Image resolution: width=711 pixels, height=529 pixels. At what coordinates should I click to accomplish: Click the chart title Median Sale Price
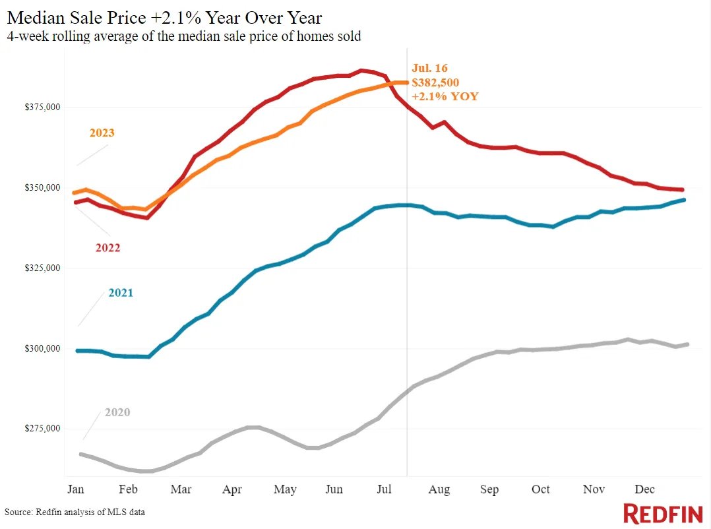[x=165, y=16]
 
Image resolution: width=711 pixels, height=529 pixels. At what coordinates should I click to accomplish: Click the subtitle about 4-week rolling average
[x=184, y=36]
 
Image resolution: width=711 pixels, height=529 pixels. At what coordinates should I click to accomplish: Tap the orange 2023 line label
[x=102, y=133]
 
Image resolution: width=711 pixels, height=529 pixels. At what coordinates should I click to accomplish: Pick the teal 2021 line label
[x=121, y=292]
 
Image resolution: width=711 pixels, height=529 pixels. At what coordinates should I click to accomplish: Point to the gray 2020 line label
[x=117, y=412]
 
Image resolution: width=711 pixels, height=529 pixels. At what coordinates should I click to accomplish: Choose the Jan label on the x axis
[x=77, y=489]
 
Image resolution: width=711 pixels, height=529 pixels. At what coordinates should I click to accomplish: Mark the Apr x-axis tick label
[x=232, y=489]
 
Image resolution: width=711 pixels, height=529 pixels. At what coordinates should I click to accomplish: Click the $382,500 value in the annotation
[x=435, y=82]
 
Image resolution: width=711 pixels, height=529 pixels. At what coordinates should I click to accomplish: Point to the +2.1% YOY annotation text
[x=445, y=96]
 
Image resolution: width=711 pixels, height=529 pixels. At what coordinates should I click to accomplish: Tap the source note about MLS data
[x=75, y=512]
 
